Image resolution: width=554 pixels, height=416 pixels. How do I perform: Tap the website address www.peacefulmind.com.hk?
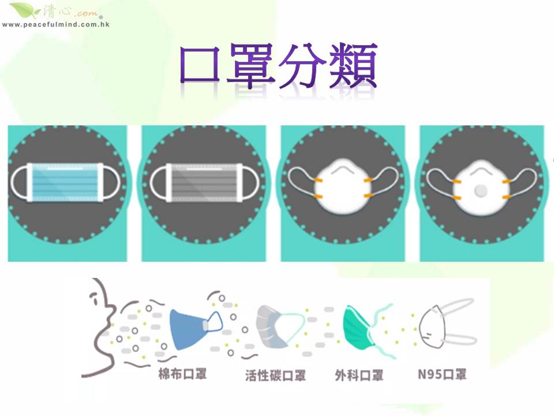pos(56,24)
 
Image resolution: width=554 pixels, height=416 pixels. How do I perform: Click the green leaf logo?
pos(25,10)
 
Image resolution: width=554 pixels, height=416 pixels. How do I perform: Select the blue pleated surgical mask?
pos(65,183)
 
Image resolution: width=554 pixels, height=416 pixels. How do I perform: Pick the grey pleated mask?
pos(204,183)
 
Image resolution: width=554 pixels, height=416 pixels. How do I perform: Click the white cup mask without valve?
pos(342,187)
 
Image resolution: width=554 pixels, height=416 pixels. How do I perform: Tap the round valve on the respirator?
pos(481,191)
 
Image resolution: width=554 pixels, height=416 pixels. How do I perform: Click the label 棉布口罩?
pos(182,374)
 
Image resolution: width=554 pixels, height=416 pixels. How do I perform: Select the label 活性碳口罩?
pos(276,376)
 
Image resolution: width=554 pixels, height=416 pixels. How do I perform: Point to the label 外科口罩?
pos(359,375)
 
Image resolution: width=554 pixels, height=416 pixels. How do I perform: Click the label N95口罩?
pos(442,374)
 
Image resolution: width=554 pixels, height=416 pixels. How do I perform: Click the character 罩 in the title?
pos(251,65)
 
